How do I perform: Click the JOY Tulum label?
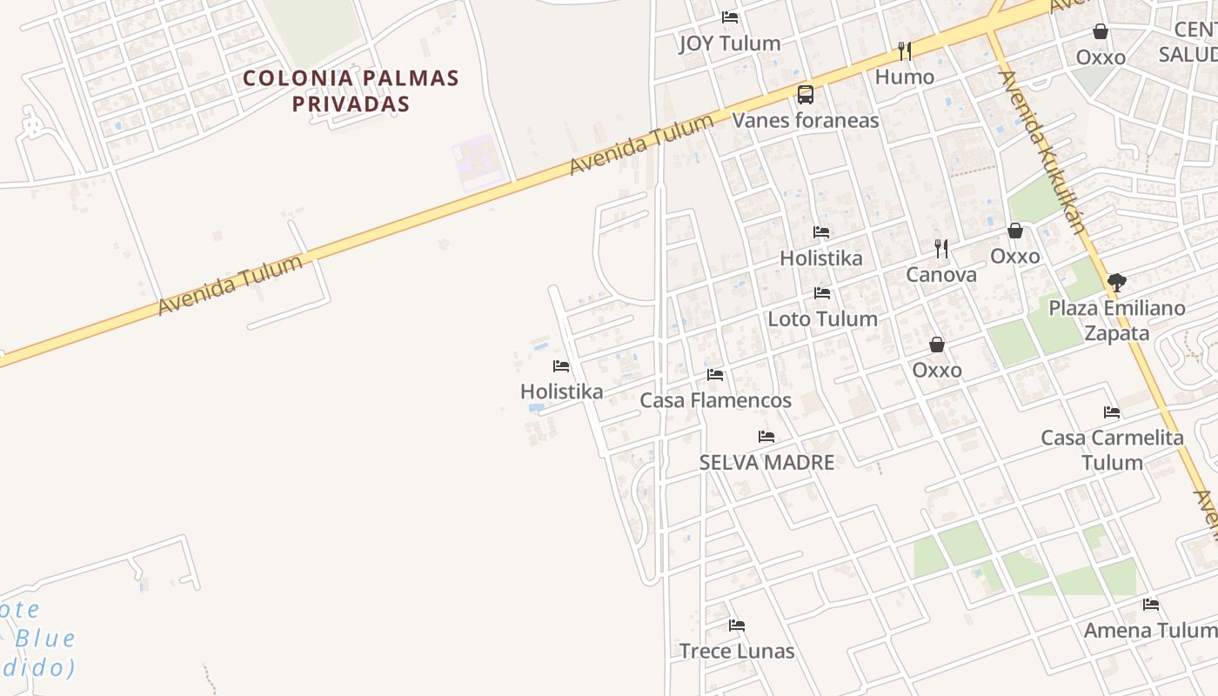pyautogui.click(x=729, y=43)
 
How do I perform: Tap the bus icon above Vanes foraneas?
pyautogui.click(x=806, y=95)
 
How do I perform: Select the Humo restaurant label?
pyautogui.click(x=905, y=77)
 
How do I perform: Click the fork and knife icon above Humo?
pyautogui.click(x=905, y=51)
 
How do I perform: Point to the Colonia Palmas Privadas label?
pyautogui.click(x=351, y=90)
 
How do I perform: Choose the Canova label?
pyautogui.click(x=941, y=275)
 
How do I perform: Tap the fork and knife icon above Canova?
pyautogui.click(x=941, y=249)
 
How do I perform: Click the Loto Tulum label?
pyautogui.click(x=822, y=319)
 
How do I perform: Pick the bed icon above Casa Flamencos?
pyautogui.click(x=715, y=375)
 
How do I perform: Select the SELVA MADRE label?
pyautogui.click(x=766, y=463)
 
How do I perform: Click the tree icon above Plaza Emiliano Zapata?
pyautogui.click(x=1117, y=282)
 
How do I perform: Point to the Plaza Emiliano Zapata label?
pyautogui.click(x=1117, y=320)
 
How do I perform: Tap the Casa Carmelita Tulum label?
pyautogui.click(x=1112, y=450)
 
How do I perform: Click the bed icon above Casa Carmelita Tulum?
pyautogui.click(x=1112, y=412)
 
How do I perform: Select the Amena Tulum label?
pyautogui.click(x=1149, y=631)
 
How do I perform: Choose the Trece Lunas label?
pyautogui.click(x=737, y=651)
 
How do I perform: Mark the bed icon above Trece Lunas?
pyautogui.click(x=737, y=626)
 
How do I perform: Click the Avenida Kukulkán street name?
pyautogui.click(x=1042, y=152)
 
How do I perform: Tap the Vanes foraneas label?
pyautogui.click(x=806, y=120)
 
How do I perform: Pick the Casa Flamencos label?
pyautogui.click(x=715, y=400)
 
